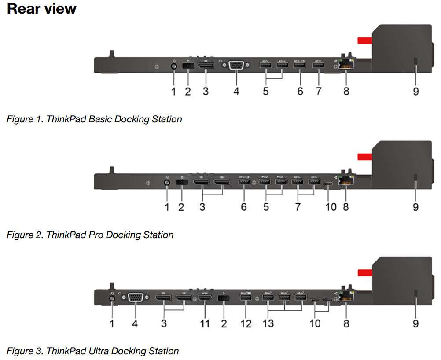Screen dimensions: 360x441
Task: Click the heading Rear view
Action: click(x=42, y=9)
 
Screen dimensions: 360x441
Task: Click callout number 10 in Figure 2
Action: click(x=331, y=206)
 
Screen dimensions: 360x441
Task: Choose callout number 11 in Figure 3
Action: click(x=205, y=323)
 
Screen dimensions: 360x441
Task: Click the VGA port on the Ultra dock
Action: click(x=135, y=298)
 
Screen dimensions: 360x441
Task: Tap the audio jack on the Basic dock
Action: click(x=173, y=66)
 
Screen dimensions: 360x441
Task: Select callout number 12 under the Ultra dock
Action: click(x=246, y=323)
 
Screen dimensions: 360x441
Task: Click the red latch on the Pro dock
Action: click(x=364, y=157)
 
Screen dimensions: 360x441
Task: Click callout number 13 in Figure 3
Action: click(x=268, y=323)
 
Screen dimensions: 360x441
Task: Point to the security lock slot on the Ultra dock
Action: click(x=416, y=294)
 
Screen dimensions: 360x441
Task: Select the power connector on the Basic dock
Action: click(x=188, y=66)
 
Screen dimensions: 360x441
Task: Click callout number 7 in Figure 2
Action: click(x=298, y=206)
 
